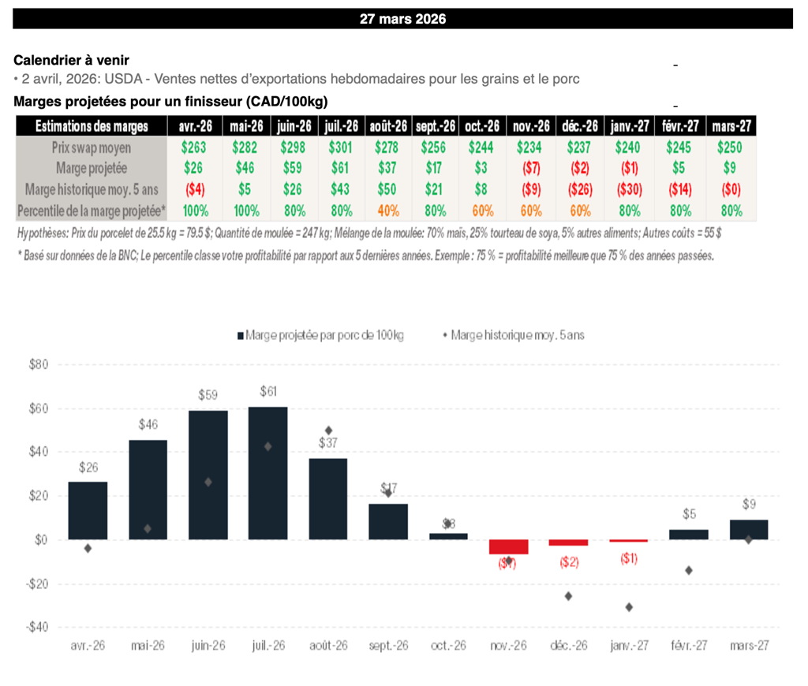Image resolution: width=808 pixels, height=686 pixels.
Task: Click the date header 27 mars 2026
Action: click(x=402, y=19)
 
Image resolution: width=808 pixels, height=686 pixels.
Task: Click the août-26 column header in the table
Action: click(x=388, y=126)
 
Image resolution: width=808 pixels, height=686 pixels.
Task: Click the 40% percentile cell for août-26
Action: click(x=388, y=211)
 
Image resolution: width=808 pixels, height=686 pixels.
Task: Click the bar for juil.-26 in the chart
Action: click(x=268, y=473)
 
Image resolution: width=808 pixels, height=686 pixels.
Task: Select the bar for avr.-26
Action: click(x=88, y=511)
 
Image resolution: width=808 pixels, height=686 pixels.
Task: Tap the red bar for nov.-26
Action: click(x=509, y=546)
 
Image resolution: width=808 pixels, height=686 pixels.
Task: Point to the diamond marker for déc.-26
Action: click(x=569, y=596)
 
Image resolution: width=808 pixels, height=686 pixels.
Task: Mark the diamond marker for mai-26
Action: click(x=148, y=528)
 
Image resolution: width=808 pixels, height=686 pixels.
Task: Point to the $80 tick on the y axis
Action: click(x=39, y=365)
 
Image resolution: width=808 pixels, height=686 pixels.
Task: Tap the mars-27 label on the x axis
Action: click(x=749, y=645)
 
